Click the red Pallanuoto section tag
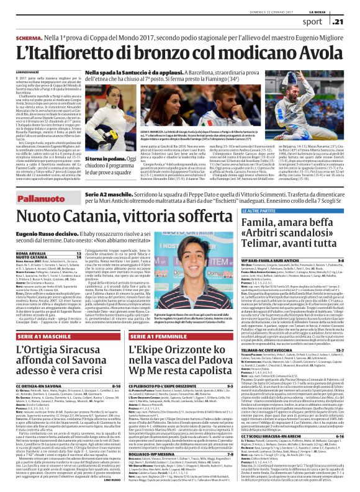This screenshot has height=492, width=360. coord(29,197)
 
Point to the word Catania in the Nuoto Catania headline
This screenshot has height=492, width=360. coord(130,218)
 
